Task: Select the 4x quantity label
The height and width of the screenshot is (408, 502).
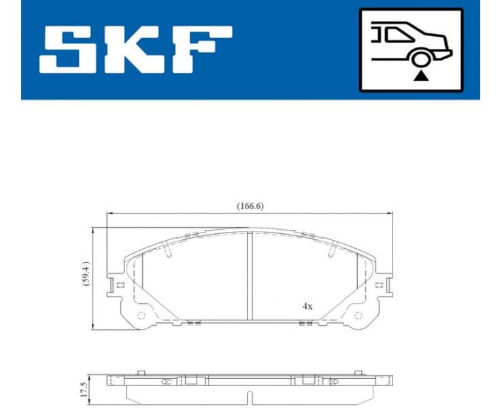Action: coord(307,306)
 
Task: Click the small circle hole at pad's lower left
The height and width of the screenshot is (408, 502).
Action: coord(141,315)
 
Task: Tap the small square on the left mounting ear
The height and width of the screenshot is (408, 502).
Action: coord(120,285)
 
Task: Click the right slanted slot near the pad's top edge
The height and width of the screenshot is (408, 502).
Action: coord(332,250)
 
